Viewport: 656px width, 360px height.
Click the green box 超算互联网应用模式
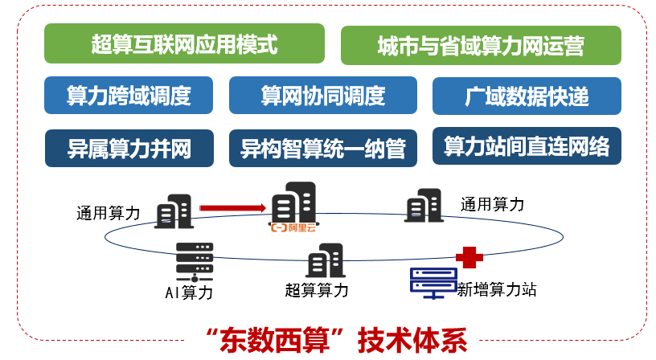184,44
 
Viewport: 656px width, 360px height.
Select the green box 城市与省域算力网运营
481,46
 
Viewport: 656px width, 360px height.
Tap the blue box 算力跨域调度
129,96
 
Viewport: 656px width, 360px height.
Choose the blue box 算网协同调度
323,96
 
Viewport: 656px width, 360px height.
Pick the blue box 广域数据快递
527,96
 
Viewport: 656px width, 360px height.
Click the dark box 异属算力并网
129,148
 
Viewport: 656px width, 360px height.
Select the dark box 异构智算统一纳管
323,148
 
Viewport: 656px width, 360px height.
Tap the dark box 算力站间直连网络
527,146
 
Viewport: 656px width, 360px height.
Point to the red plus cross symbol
469,257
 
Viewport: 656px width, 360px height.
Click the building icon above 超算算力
325,260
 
